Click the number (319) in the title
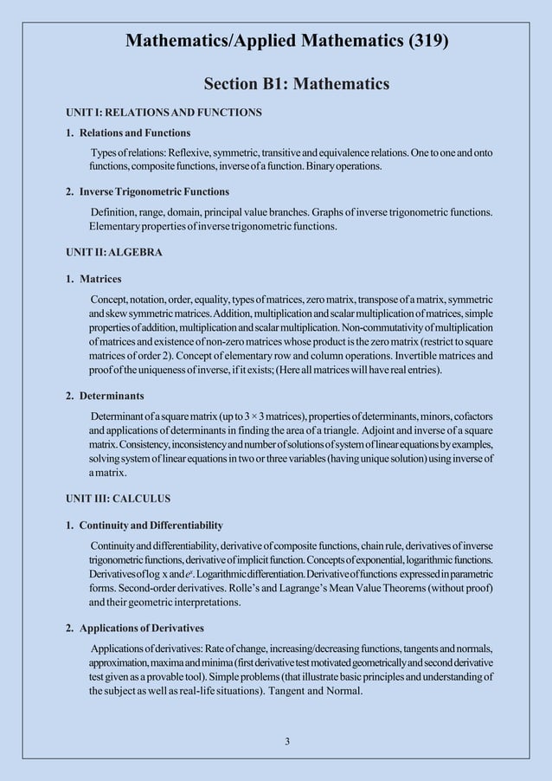425,41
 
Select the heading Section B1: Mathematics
296,84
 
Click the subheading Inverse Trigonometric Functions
154,190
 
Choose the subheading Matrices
100,279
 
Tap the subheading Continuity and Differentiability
151,526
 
